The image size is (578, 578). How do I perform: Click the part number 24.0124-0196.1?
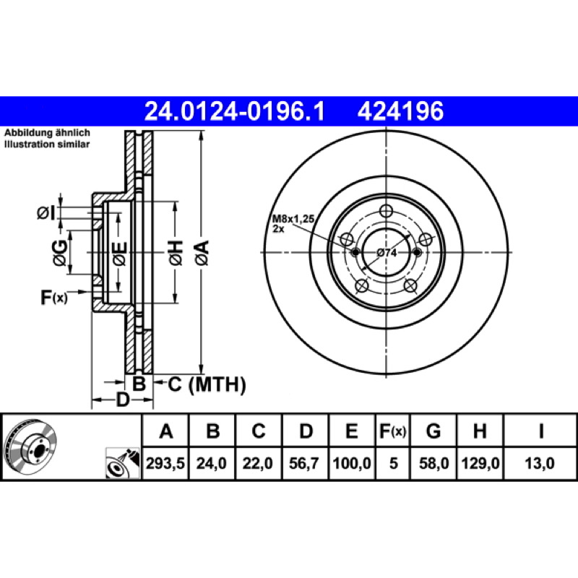(x=234, y=111)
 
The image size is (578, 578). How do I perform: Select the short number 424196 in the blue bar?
(x=400, y=111)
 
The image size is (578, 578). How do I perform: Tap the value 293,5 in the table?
(x=165, y=463)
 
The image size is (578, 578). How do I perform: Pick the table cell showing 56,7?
(x=303, y=463)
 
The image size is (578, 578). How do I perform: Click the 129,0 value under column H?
(x=480, y=463)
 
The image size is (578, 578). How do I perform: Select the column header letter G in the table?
(x=433, y=431)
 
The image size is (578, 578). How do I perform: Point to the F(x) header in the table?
(x=392, y=431)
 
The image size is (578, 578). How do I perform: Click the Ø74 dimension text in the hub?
(x=387, y=253)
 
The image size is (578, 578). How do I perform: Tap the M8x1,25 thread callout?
(x=293, y=219)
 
